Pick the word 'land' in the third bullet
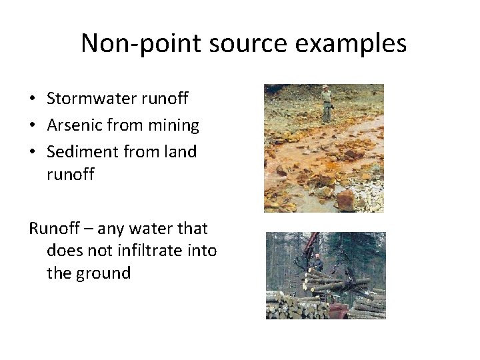click(x=180, y=152)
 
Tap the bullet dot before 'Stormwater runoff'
click(x=32, y=99)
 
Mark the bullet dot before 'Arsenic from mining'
click(x=32, y=126)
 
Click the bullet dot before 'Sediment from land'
click(x=32, y=153)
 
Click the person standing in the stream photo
click(x=326, y=103)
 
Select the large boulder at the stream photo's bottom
click(x=345, y=199)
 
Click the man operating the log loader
click(x=318, y=263)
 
